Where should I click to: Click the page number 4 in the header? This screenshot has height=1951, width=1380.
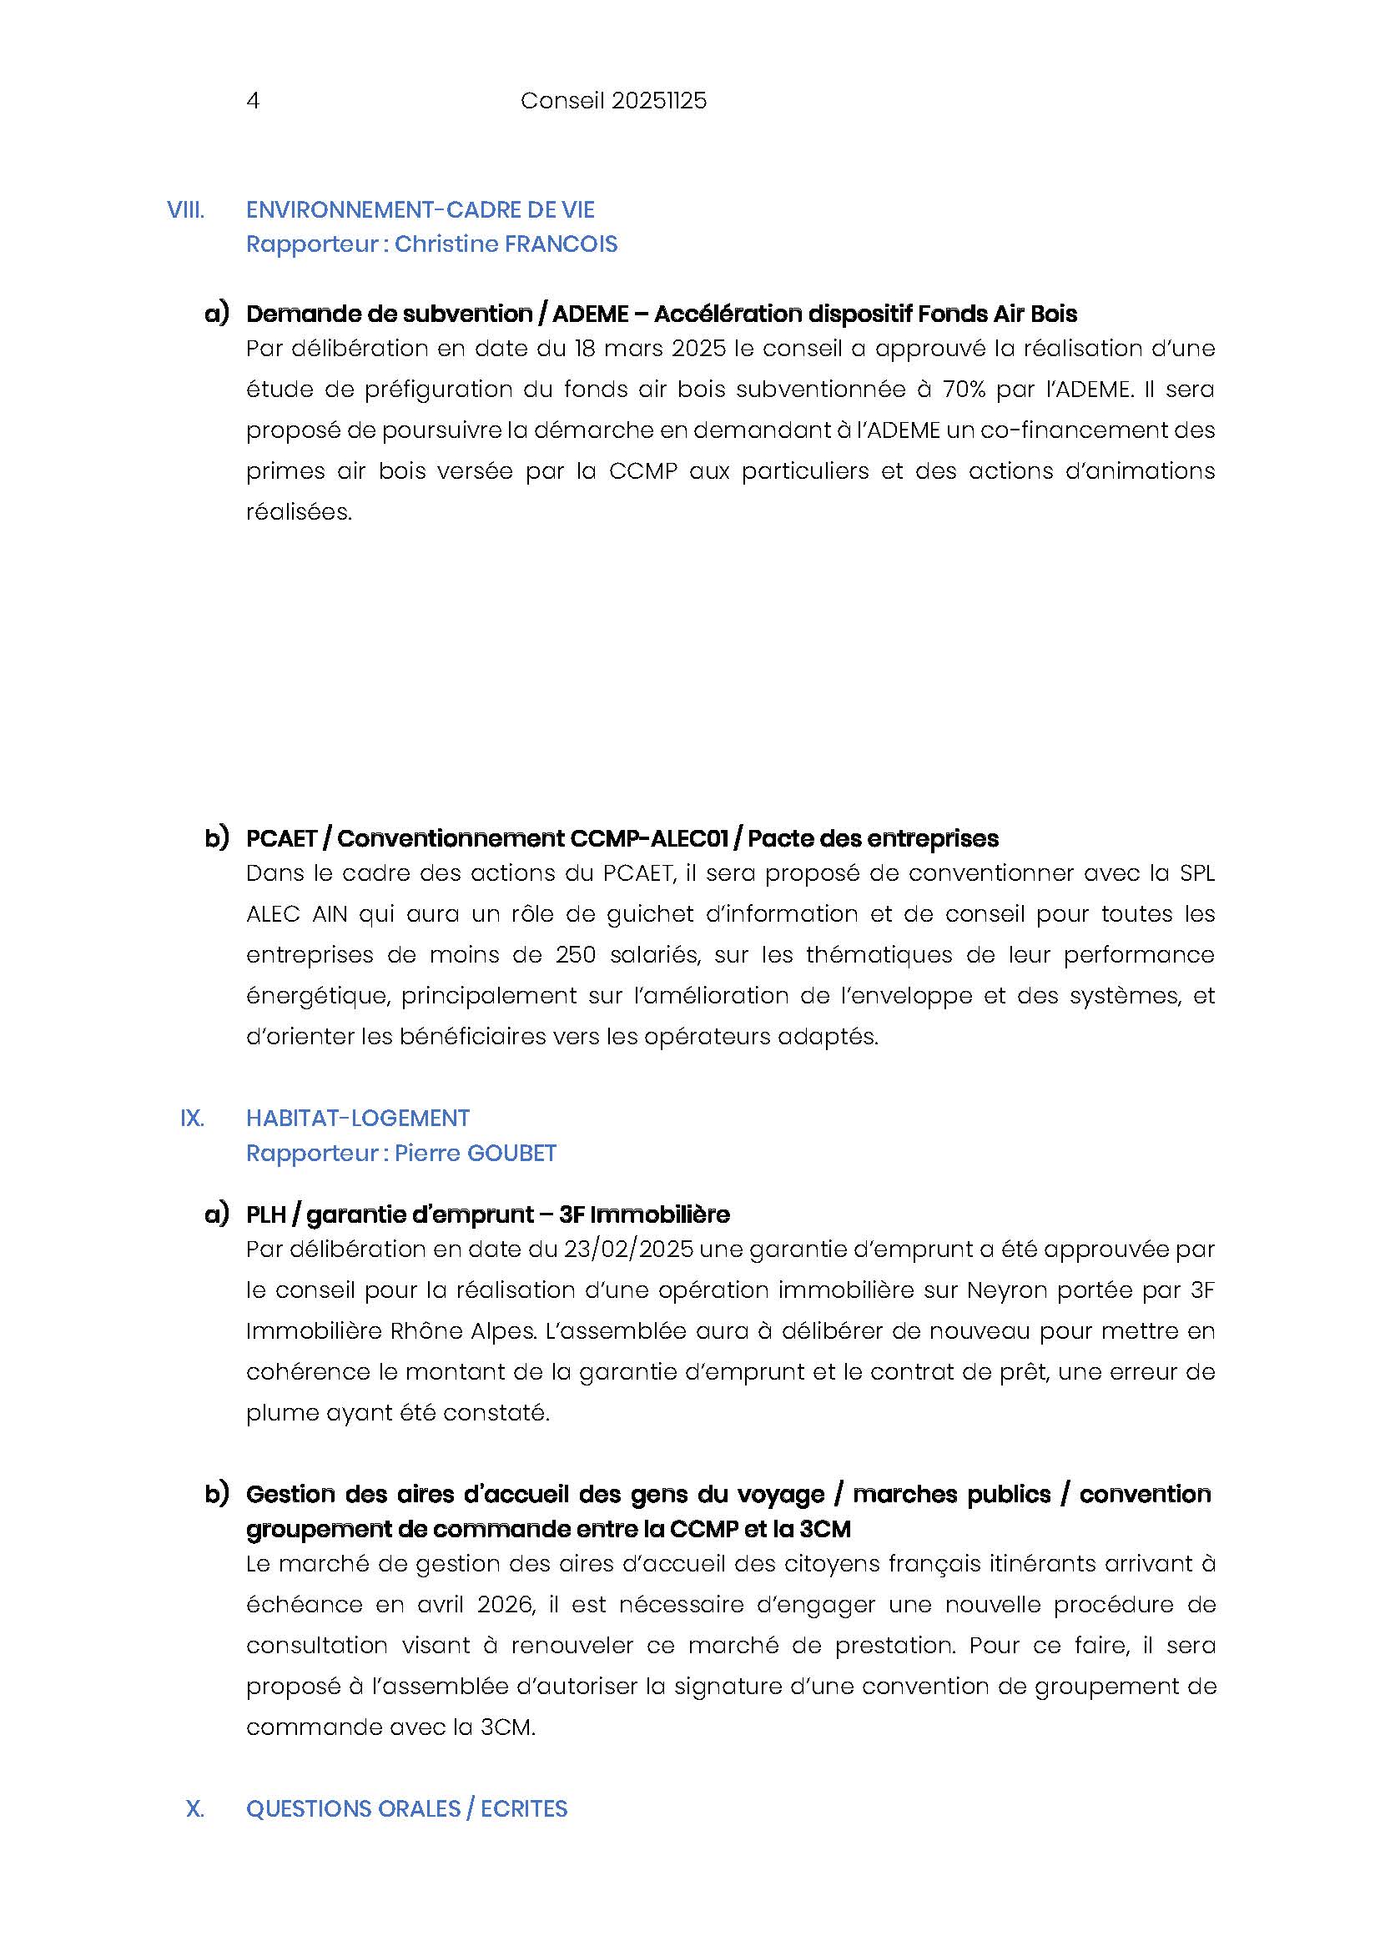(x=252, y=101)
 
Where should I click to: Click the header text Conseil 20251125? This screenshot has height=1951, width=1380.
(x=612, y=101)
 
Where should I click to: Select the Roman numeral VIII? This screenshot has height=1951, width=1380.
(x=185, y=210)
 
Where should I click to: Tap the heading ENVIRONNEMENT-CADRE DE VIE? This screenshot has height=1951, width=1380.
(x=420, y=210)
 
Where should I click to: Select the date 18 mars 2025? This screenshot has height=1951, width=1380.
(x=650, y=349)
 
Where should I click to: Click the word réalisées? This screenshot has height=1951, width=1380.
(x=298, y=512)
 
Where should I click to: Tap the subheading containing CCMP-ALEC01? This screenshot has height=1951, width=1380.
(x=622, y=838)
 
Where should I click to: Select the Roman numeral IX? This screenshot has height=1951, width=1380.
(x=192, y=1119)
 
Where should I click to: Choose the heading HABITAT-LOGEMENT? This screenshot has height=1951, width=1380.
(x=358, y=1119)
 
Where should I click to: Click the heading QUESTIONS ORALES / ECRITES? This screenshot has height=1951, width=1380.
(x=406, y=1809)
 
